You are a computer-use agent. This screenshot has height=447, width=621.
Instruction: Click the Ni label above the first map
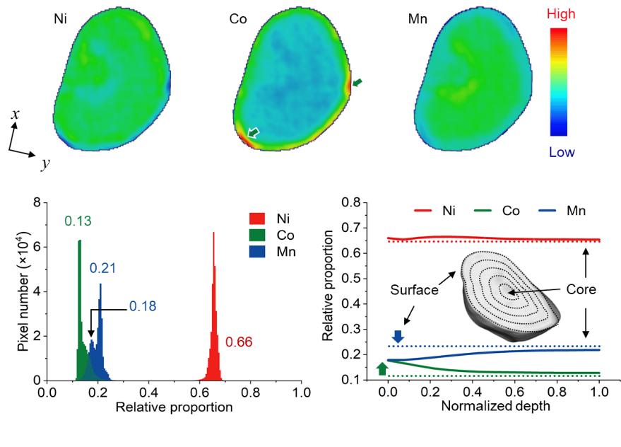tap(62, 20)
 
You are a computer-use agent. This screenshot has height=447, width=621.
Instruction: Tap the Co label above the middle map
tap(238, 20)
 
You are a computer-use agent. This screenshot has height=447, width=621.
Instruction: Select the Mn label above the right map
tap(418, 20)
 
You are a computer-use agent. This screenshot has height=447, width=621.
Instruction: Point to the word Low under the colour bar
tap(562, 152)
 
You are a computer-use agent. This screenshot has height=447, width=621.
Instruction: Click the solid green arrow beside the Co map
tap(359, 83)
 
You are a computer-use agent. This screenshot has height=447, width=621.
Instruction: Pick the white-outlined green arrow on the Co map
tap(253, 132)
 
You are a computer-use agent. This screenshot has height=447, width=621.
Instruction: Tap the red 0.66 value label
tap(239, 343)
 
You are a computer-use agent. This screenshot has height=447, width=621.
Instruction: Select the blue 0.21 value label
tap(102, 269)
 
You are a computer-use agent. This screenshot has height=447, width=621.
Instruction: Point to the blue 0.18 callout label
tap(143, 307)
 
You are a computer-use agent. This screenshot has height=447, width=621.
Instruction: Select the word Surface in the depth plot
tap(413, 291)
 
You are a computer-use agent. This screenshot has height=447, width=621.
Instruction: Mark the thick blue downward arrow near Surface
tap(398, 337)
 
